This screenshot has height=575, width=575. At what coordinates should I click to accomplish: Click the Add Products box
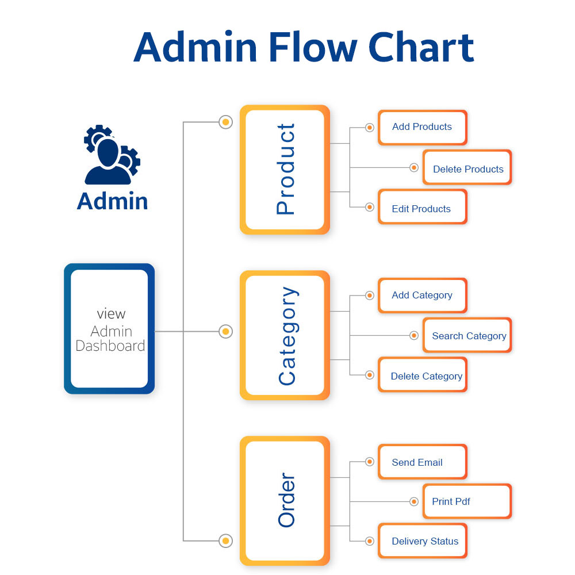(423, 127)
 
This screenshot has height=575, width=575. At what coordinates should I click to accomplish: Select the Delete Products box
(467, 167)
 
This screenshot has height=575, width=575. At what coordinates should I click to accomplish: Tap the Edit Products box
(423, 207)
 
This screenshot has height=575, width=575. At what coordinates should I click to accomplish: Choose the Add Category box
(423, 296)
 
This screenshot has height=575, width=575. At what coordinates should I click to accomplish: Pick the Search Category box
(467, 335)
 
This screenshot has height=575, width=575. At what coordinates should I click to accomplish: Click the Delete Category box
(423, 375)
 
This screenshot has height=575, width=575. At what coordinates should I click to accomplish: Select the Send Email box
(423, 462)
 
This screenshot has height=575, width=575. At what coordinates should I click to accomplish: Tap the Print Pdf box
(467, 501)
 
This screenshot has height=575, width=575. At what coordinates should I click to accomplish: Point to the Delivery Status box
(423, 541)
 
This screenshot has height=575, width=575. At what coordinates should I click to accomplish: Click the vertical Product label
(286, 169)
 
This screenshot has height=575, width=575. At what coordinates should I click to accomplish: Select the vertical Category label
(288, 336)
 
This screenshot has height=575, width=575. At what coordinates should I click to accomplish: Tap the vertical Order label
(286, 500)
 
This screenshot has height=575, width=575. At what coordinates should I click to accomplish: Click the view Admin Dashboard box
(109, 328)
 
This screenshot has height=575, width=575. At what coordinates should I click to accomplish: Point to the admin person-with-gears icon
(112, 154)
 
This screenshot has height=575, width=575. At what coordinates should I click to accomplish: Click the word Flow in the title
(313, 47)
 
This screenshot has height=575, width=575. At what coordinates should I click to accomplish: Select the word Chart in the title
(421, 47)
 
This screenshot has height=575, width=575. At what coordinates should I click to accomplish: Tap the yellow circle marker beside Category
(225, 332)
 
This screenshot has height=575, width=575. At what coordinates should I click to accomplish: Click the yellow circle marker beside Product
(225, 122)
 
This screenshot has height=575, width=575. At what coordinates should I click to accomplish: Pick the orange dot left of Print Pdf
(414, 501)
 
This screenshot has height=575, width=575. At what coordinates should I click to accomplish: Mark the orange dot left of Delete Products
(414, 167)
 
